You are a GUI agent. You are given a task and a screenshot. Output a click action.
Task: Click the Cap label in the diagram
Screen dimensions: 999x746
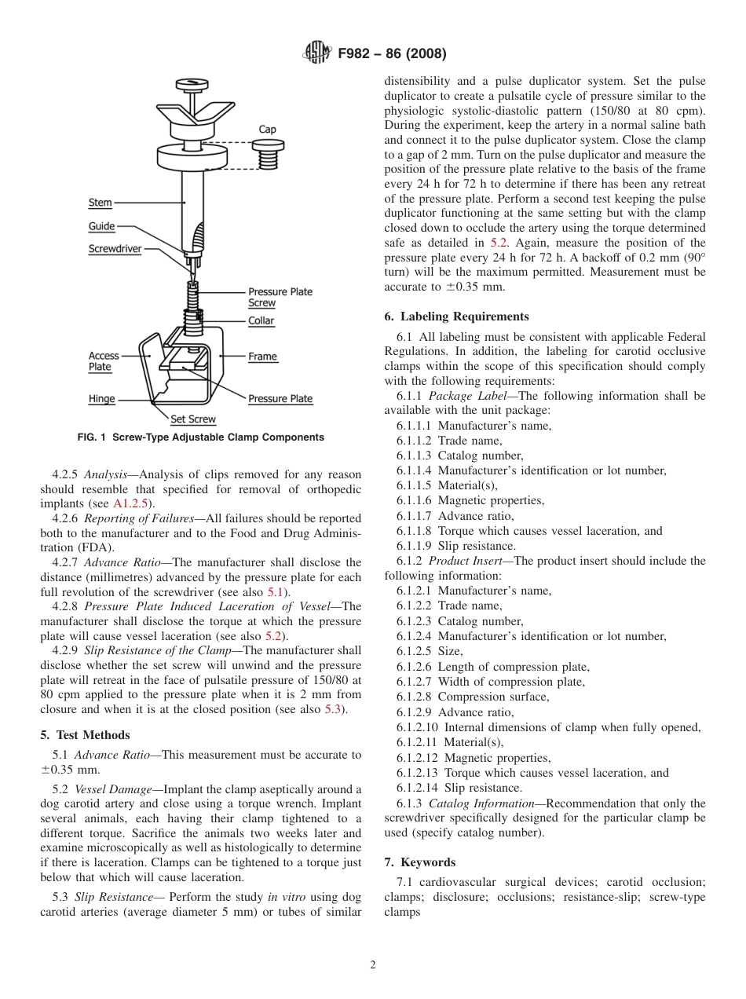(267, 130)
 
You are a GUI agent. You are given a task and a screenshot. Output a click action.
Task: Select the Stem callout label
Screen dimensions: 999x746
(100, 203)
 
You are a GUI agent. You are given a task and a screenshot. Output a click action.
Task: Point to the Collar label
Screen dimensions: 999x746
(261, 321)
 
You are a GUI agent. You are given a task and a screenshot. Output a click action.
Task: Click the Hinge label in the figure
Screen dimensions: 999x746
(101, 399)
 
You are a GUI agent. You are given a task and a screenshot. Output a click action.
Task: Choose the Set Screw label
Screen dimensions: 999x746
(192, 419)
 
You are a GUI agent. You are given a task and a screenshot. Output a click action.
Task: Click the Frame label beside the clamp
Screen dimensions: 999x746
(262, 357)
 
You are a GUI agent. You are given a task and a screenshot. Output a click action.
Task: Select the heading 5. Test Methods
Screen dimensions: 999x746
(85, 735)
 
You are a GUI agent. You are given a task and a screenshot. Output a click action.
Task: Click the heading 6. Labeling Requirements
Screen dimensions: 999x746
(456, 317)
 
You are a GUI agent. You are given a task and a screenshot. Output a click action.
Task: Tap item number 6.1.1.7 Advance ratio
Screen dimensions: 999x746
(455, 516)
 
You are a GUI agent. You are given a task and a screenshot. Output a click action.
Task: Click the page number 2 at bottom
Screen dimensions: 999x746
(373, 966)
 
